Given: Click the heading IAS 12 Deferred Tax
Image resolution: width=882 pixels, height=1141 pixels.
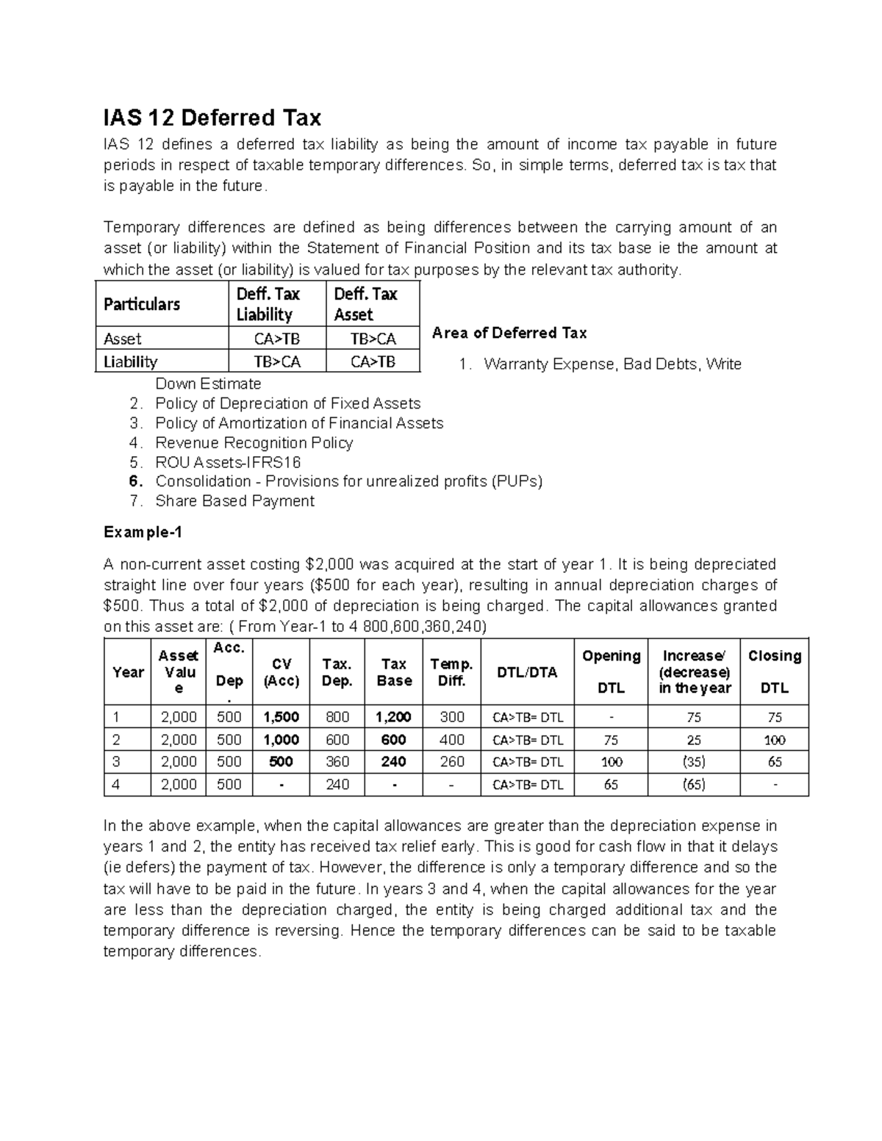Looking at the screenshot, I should click(212, 118).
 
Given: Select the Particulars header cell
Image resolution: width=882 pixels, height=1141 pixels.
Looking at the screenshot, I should click(141, 304).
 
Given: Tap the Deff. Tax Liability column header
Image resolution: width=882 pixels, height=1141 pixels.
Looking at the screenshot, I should click(268, 304).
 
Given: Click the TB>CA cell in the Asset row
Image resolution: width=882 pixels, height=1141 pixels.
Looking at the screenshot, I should click(373, 339).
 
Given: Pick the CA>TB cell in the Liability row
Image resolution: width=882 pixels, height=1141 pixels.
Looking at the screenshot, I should click(373, 361).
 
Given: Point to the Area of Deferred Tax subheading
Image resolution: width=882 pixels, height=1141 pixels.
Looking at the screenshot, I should click(509, 333).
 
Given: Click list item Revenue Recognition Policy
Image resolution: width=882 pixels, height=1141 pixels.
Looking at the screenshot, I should click(254, 443).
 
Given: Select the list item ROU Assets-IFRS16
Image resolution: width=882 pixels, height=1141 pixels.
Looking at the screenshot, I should click(228, 462).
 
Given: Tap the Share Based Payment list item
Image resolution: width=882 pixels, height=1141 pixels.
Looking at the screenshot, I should click(234, 501).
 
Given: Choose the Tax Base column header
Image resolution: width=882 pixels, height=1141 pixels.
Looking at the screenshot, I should click(394, 672).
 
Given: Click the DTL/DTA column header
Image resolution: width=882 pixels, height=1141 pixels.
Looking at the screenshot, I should click(527, 672).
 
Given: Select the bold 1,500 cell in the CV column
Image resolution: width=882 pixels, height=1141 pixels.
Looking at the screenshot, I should click(281, 717).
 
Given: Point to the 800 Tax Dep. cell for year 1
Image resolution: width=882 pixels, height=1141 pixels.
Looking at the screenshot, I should click(337, 717).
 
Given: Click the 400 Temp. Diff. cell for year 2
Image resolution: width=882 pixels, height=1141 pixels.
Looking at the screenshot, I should click(451, 740).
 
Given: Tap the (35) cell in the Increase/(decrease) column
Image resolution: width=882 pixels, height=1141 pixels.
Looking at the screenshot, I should click(694, 762).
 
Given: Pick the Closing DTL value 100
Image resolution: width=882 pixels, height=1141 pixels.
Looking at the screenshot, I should click(775, 740).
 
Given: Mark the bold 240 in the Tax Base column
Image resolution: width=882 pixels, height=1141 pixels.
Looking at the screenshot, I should click(394, 762).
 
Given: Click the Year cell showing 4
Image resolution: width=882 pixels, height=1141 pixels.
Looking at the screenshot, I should click(115, 785).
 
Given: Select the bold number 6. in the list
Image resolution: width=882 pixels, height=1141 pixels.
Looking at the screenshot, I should click(135, 482).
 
